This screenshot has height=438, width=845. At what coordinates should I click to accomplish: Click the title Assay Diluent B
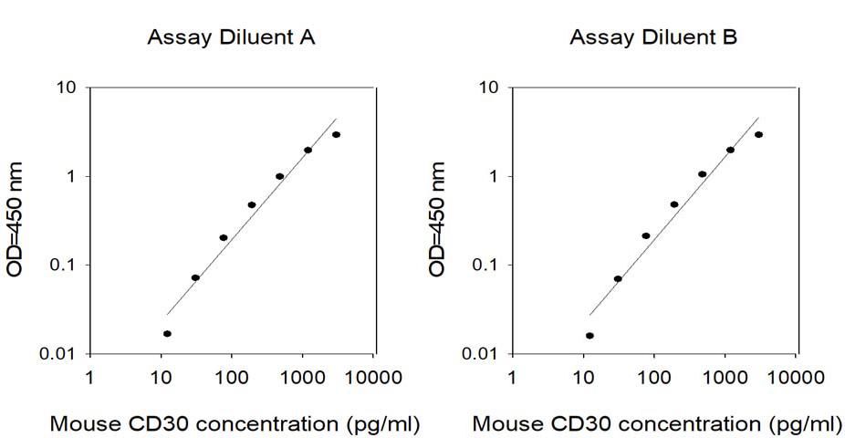point(655,37)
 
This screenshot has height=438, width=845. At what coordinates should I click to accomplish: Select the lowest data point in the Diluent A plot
point(167,334)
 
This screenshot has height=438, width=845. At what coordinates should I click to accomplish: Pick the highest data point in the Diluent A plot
point(337,135)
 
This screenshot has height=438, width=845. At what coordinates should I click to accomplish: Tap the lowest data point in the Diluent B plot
point(589,336)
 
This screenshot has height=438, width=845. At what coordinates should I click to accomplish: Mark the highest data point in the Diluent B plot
point(758,135)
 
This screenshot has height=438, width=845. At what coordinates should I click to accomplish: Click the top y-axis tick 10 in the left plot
point(70,89)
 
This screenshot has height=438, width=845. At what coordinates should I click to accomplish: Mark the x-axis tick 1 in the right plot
point(511,376)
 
